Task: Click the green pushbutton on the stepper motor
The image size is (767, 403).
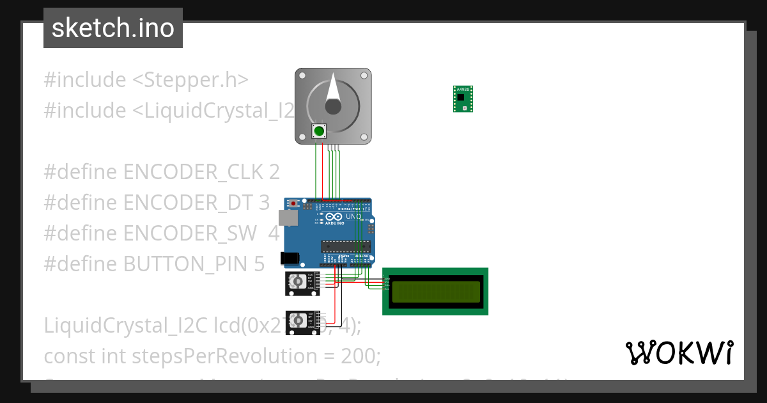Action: click(318, 131)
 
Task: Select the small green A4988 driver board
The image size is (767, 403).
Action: click(463, 99)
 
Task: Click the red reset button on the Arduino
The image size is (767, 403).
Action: click(293, 204)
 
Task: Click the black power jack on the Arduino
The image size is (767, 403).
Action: click(290, 258)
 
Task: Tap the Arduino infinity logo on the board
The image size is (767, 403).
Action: click(320, 217)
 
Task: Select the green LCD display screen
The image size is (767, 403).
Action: click(435, 292)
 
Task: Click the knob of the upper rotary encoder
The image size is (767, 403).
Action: click(297, 281)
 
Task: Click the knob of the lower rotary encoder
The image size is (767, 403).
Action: click(298, 320)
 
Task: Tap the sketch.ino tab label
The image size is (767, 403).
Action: click(113, 28)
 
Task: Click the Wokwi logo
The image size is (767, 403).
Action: click(679, 352)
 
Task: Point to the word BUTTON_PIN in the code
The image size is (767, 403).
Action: click(182, 264)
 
